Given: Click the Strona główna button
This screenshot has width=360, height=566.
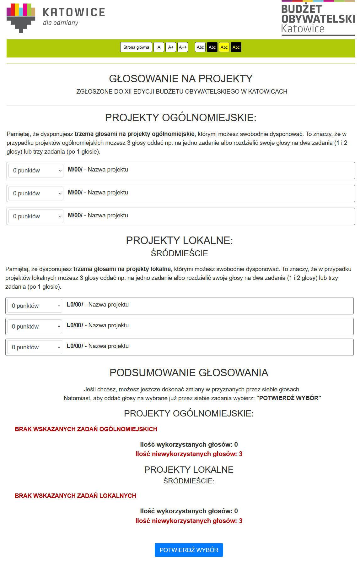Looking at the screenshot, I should click(x=136, y=47).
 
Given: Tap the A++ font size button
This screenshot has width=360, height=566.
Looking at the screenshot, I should click(x=182, y=47).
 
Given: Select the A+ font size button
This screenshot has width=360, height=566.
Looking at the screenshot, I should click(x=170, y=47).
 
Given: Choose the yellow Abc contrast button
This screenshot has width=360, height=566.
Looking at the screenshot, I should click(x=224, y=47).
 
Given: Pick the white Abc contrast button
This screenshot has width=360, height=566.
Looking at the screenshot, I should click(x=200, y=47).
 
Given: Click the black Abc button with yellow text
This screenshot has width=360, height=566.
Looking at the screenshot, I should click(x=236, y=47).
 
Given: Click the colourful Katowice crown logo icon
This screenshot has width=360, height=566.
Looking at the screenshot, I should click(x=21, y=18).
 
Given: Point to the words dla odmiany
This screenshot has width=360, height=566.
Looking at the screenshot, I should click(x=61, y=23).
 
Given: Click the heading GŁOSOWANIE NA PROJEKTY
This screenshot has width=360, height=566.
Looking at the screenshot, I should click(x=181, y=79).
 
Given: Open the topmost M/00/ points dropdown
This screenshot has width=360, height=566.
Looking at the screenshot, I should click(x=36, y=171).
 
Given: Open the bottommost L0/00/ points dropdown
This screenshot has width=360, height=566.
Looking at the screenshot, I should click(x=35, y=347).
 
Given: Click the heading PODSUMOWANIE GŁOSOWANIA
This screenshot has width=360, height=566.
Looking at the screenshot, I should click(x=189, y=373).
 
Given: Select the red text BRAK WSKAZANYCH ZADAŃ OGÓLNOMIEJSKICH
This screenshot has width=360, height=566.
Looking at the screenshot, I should click(x=86, y=429).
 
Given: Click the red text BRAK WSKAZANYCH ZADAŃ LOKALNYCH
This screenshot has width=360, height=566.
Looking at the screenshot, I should click(x=75, y=496).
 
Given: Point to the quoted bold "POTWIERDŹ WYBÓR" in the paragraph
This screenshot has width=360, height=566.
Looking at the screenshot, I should click(x=288, y=398).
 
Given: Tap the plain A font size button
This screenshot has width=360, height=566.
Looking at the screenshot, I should click(x=159, y=47).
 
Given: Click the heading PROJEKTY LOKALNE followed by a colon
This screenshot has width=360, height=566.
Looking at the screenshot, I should click(x=179, y=240).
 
